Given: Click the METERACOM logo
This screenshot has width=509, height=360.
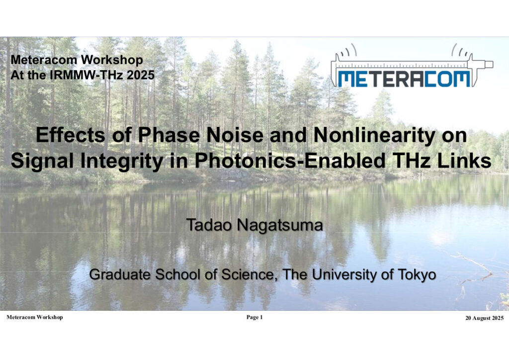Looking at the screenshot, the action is click(x=412, y=67).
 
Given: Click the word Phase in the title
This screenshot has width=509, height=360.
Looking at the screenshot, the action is click(x=169, y=135).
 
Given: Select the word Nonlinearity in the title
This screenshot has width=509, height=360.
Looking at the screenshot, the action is click(x=374, y=135).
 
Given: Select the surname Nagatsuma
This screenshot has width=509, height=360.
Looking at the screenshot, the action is click(x=280, y=226).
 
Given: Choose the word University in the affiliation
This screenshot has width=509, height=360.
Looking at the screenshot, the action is click(x=344, y=274).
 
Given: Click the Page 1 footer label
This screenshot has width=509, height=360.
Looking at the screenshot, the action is click(x=254, y=317).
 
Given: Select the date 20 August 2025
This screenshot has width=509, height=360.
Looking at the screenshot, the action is click(x=484, y=318).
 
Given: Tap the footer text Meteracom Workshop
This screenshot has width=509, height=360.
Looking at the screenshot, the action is click(x=35, y=317).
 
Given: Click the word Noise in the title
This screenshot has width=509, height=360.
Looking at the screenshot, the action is click(x=235, y=135).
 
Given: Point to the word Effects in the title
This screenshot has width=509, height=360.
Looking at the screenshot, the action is click(x=71, y=135).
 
